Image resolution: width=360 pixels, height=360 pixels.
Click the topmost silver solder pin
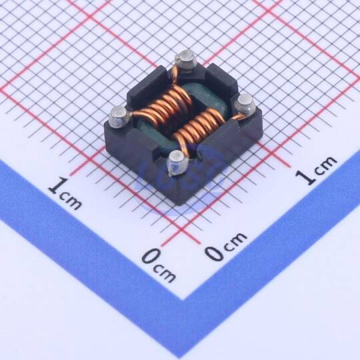(186, 59)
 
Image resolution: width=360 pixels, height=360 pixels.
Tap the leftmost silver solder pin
(119, 117)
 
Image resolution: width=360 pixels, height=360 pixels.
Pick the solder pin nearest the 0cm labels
(179, 163)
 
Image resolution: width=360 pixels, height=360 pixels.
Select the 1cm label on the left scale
(65, 193)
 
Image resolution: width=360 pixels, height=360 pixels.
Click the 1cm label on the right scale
(317, 170)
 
